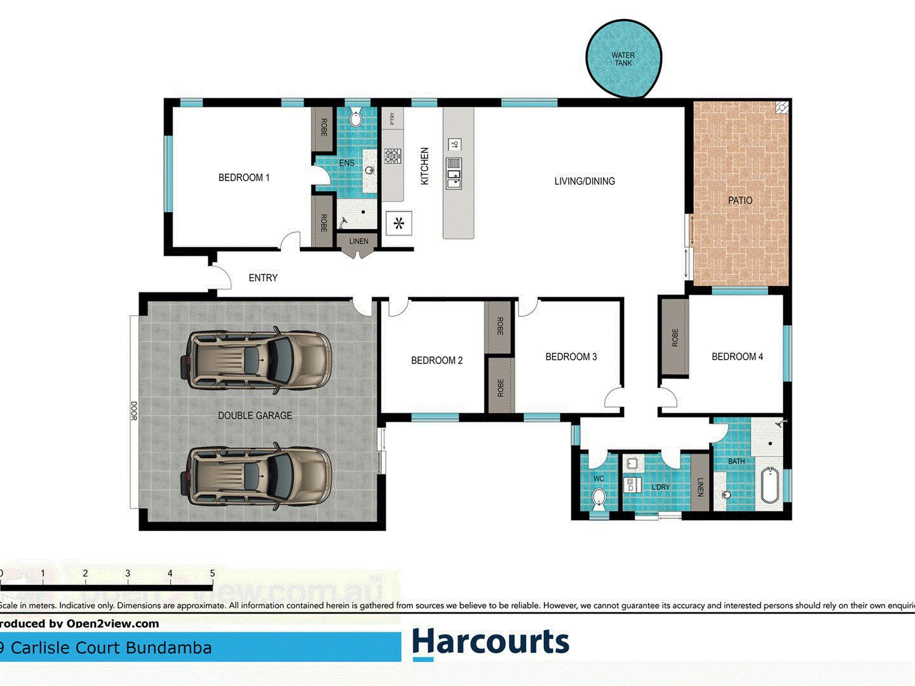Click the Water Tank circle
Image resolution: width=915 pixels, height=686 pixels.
[623, 58]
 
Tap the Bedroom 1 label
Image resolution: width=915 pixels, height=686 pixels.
[244, 178]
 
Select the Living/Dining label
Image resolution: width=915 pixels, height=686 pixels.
[584, 182]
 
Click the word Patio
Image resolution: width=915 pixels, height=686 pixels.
[740, 201]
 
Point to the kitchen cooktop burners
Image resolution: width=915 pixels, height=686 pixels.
[392, 156]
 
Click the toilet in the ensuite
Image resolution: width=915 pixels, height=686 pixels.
[356, 118]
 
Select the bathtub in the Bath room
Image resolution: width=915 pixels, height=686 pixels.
[770, 485]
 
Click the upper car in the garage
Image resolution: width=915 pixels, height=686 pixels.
[257, 360]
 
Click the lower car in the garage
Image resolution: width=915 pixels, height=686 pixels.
[257, 476]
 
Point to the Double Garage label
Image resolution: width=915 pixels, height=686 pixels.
[255, 415]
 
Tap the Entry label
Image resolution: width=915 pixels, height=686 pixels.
[263, 278]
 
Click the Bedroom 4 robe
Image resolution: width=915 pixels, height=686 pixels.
[675, 337]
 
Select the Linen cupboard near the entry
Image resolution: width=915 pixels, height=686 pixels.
[358, 242]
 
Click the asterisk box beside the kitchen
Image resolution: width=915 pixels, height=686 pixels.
[399, 224]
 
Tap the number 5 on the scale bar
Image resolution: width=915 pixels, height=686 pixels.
[212, 574]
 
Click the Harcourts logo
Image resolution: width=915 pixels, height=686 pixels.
[491, 642]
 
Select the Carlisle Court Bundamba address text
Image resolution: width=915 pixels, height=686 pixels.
[108, 648]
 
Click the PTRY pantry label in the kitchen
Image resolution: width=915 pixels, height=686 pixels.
[393, 118]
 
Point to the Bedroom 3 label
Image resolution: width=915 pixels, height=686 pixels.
[571, 357]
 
